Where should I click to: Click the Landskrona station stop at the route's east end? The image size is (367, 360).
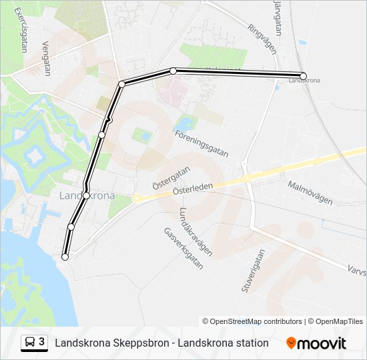point(303,76)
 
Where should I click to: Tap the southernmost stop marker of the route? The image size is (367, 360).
point(65,257)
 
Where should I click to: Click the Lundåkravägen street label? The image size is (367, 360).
point(196,231)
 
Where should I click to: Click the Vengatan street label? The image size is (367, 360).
point(46,57)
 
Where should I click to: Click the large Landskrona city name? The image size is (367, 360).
point(87,196)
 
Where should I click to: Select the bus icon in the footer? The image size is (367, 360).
point(31,342)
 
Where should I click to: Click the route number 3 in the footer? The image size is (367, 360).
point(42,342)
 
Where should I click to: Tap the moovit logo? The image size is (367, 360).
point(316,343)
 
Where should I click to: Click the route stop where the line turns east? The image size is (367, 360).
point(122,84)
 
